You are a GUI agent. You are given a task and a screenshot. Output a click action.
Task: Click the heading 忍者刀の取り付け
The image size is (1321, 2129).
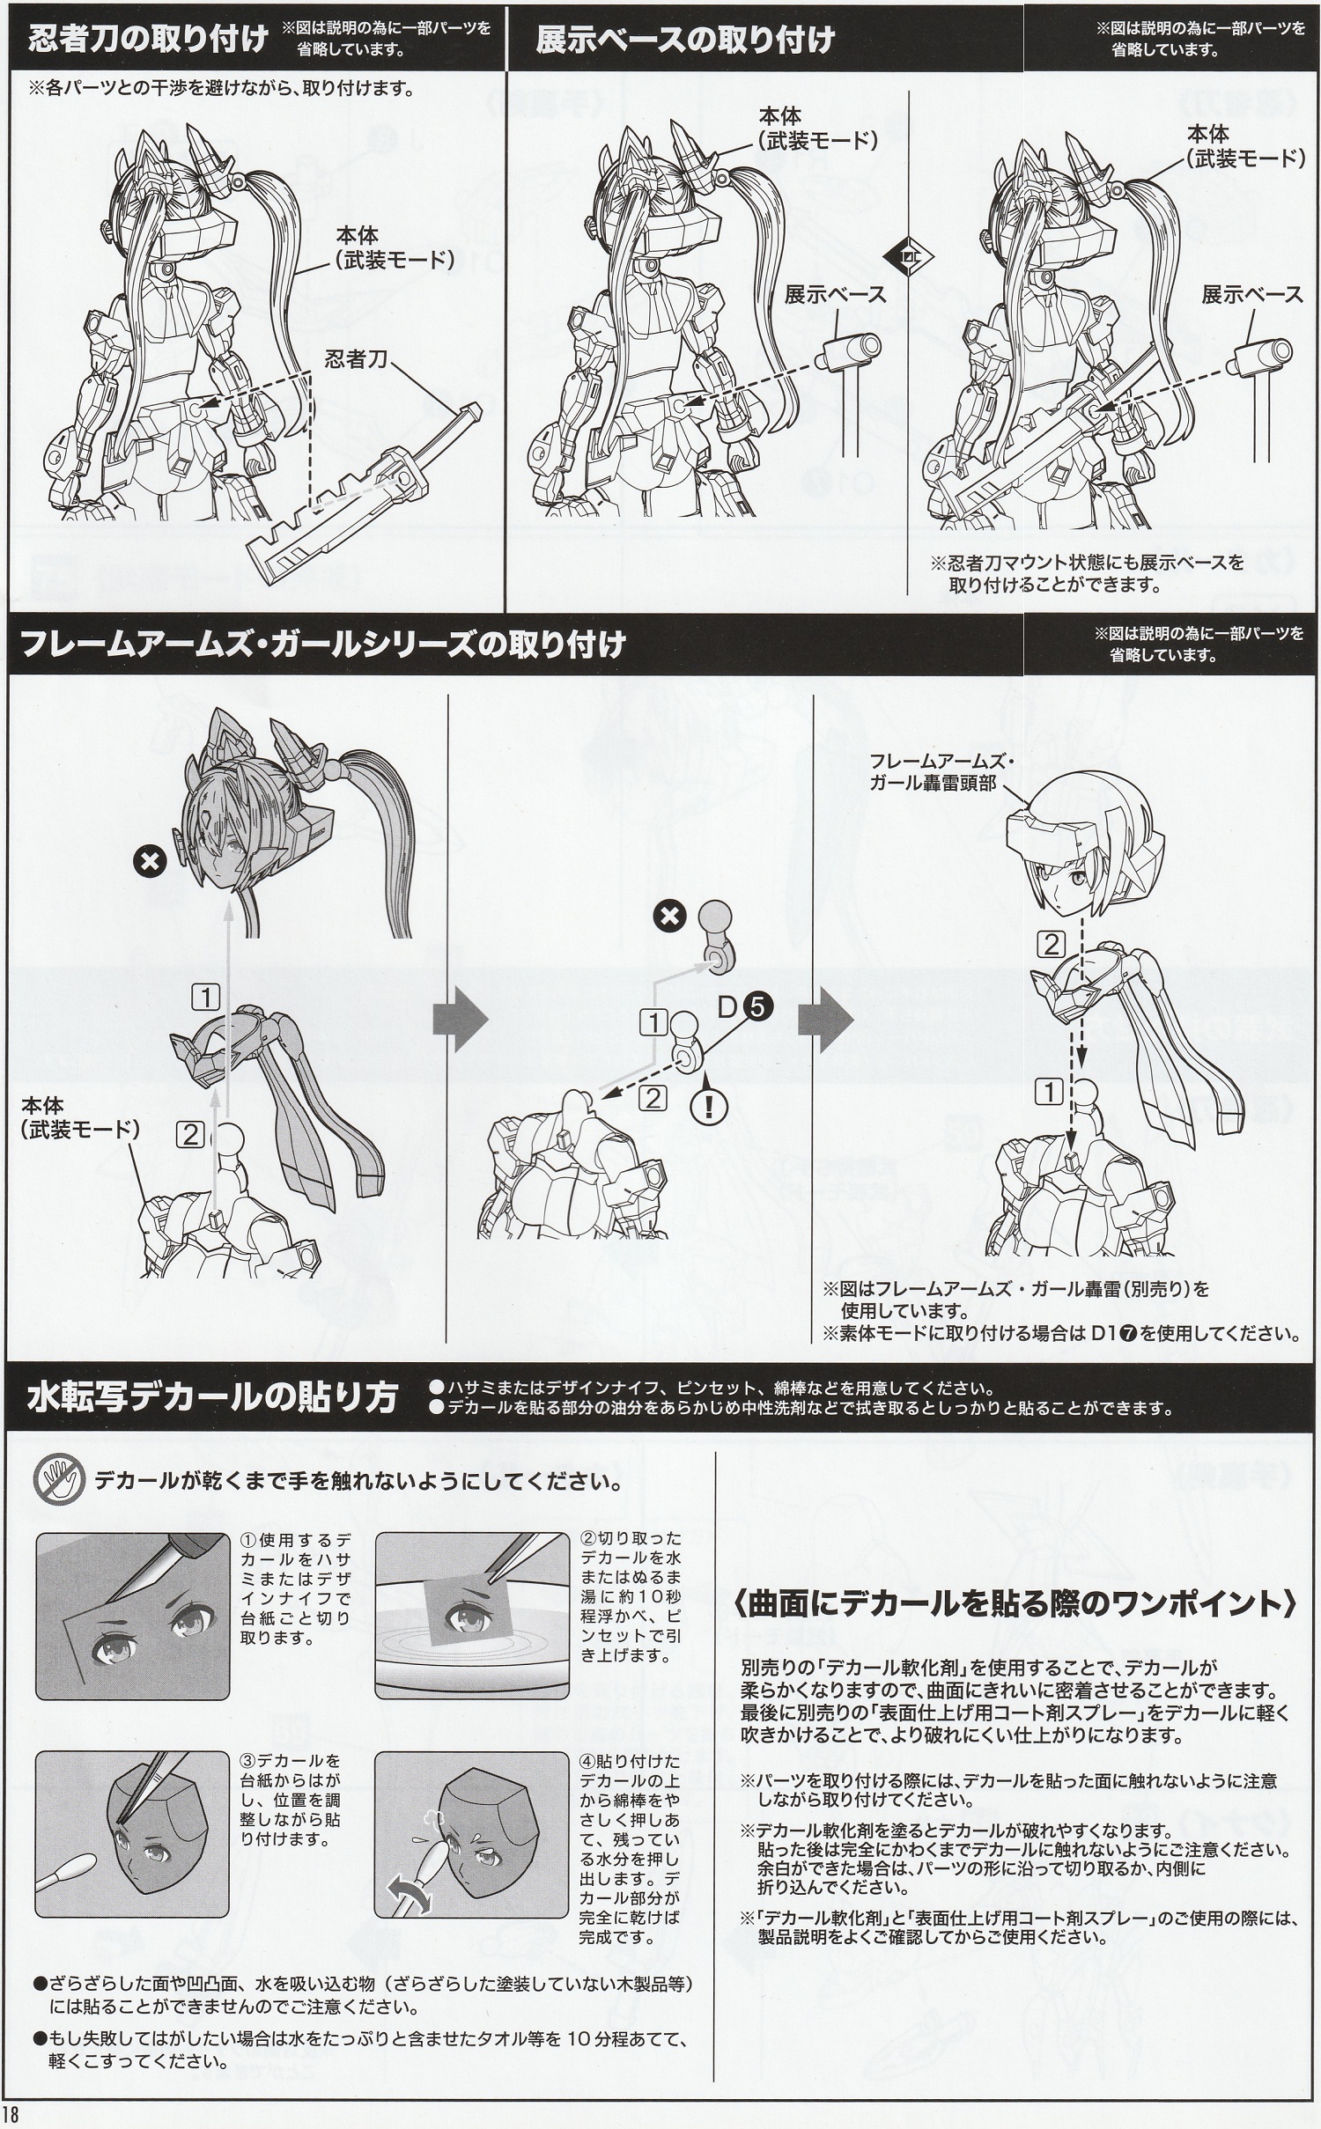147,40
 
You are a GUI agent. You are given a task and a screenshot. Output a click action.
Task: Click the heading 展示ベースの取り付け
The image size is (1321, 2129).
684,40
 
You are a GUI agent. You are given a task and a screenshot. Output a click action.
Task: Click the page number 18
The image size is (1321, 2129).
11,2116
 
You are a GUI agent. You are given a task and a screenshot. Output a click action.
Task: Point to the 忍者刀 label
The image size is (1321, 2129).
356,359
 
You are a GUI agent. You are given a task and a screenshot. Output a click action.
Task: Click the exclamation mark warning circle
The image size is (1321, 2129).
706,1107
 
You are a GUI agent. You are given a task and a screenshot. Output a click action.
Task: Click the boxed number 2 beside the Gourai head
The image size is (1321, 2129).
1052,945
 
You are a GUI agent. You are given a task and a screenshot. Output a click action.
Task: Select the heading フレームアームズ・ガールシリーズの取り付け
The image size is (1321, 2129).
321,644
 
